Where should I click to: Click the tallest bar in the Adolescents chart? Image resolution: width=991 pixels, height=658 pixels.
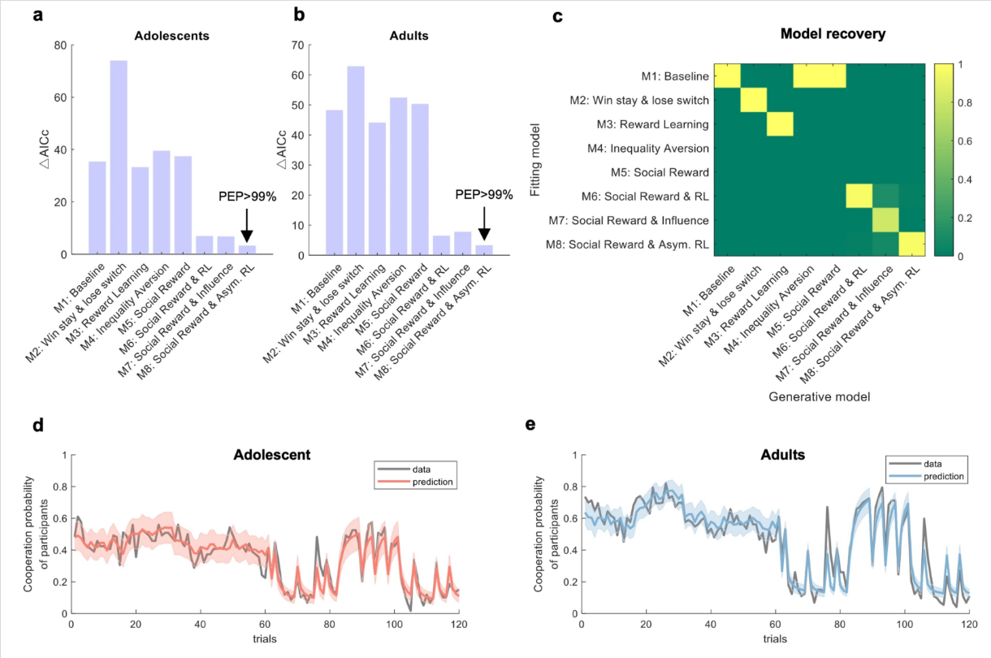click(119, 157)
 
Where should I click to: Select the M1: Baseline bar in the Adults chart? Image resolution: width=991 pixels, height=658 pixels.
click(335, 182)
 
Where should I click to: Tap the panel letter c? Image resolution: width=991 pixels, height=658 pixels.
click(557, 17)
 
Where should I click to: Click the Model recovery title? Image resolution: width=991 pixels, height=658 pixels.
click(833, 34)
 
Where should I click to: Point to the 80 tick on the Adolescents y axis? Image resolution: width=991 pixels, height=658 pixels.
click(61, 45)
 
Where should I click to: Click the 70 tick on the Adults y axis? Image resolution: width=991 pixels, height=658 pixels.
click(298, 45)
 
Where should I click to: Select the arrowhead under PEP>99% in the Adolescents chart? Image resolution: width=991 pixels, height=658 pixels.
click(247, 236)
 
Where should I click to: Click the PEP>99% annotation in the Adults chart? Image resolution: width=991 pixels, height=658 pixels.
click(484, 195)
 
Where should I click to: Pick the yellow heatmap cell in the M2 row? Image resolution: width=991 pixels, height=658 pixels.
click(754, 100)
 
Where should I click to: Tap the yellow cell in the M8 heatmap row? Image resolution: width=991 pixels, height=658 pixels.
click(912, 244)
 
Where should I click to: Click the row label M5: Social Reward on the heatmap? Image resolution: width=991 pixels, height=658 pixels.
click(660, 172)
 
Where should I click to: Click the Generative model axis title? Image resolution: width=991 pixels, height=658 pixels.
click(819, 397)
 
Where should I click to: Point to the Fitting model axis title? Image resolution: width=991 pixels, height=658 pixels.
click(535, 159)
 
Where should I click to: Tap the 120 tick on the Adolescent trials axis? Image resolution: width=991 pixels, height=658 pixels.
click(459, 625)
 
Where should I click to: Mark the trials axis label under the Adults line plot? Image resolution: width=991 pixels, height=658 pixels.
click(775, 639)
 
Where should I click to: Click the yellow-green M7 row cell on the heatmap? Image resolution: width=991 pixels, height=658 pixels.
click(885, 220)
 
